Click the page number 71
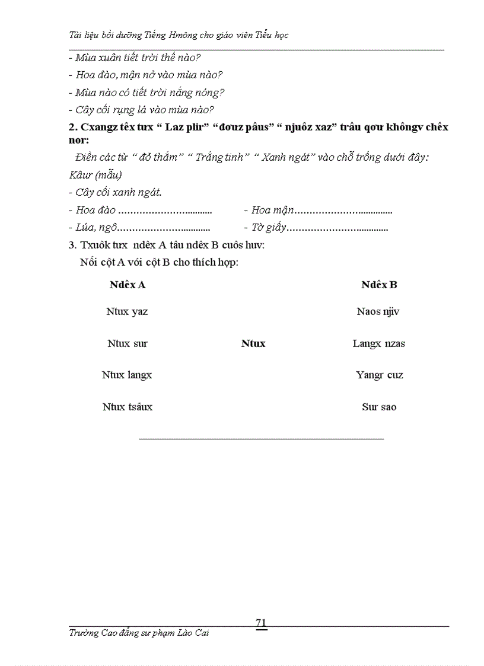(261, 622)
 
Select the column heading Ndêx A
(128, 285)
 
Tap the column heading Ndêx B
(379, 285)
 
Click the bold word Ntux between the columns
(253, 343)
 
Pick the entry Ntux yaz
(127, 311)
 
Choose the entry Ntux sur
(128, 343)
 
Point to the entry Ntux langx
(127, 375)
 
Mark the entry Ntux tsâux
(128, 407)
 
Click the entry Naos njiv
(378, 311)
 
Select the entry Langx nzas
(379, 343)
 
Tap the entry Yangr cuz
(380, 375)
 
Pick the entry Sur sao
(379, 407)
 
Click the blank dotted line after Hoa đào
(165, 211)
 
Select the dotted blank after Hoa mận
(343, 211)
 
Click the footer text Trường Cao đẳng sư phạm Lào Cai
(139, 633)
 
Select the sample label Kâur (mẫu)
(95, 175)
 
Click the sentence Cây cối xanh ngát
(115, 192)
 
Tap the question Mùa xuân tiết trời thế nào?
(135, 58)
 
